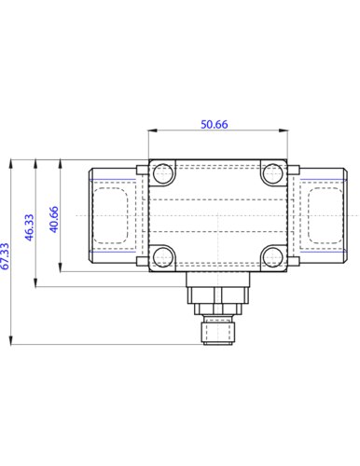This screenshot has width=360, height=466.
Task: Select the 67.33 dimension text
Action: click(6, 255)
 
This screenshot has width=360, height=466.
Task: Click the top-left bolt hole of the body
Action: click(163, 172)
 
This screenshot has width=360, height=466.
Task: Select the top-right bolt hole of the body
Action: click(271, 172)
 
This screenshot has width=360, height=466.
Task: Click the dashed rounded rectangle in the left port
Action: click(113, 215)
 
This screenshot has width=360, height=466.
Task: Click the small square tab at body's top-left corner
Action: click(141, 169)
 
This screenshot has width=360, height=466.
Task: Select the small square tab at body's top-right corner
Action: click(294, 169)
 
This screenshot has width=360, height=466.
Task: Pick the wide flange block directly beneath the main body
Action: click(217, 279)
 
